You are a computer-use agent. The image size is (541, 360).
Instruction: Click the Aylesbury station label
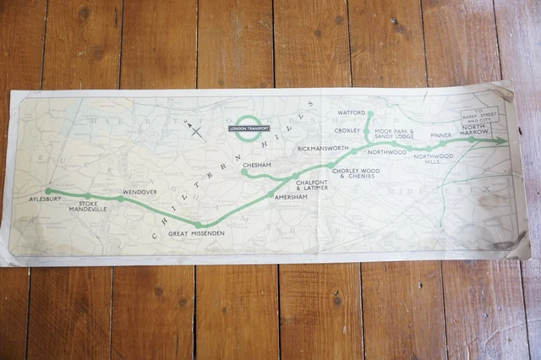pyautogui.click(x=46, y=202)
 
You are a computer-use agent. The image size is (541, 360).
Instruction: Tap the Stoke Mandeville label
pyautogui.click(x=93, y=206)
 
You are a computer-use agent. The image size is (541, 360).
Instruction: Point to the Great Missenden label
pyautogui.click(x=197, y=233)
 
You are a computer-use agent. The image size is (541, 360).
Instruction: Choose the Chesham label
pyautogui.click(x=255, y=165)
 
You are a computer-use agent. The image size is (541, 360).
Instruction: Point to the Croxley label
pyautogui.click(x=347, y=131)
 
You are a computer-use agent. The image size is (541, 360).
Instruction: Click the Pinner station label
pyautogui.click(x=440, y=134)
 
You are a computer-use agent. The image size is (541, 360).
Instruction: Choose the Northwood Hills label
pyautogui.click(x=434, y=158)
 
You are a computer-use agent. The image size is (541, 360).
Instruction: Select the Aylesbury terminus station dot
pyautogui.click(x=49, y=191)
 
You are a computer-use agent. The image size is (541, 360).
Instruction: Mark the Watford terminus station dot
pyautogui.click(x=369, y=113)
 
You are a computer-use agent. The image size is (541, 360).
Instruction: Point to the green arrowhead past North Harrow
pyautogui.click(x=502, y=141)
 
